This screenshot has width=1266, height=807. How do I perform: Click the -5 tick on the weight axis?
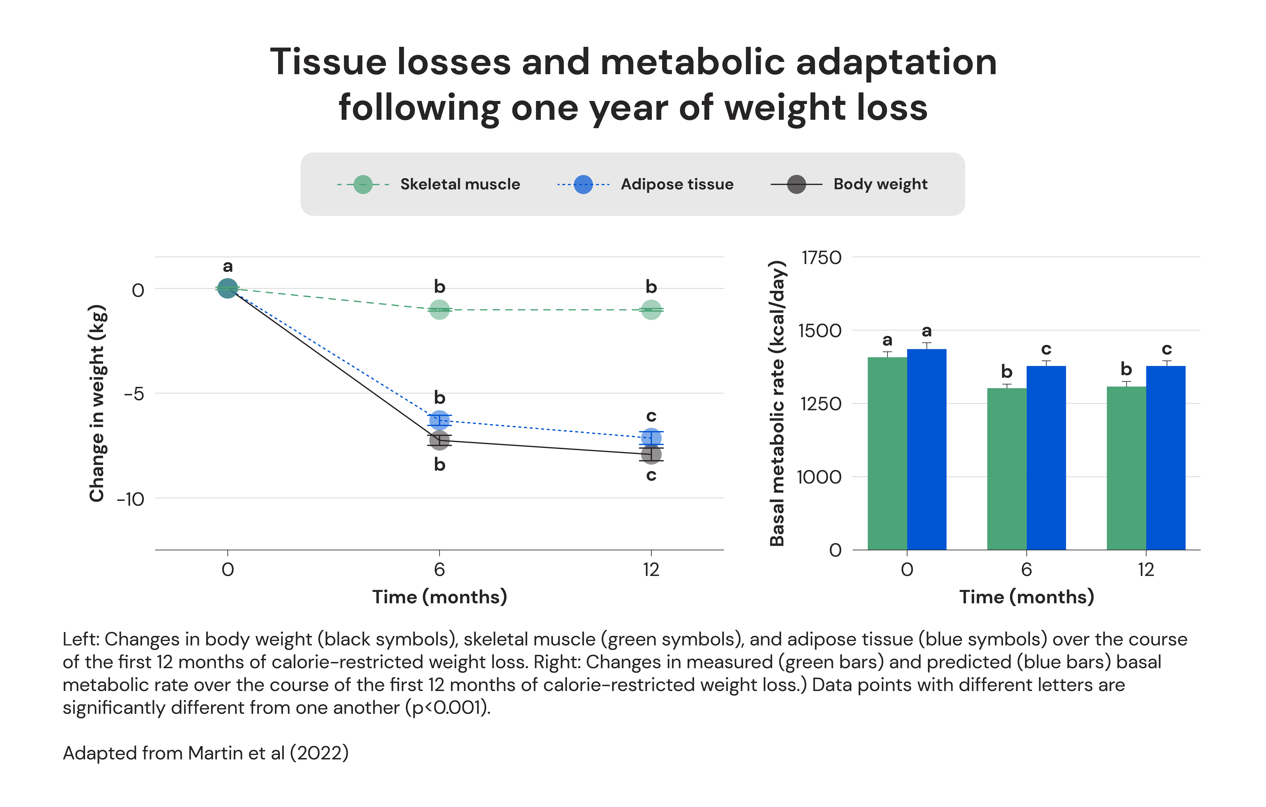134,394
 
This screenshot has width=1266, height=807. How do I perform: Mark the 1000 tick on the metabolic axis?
819,477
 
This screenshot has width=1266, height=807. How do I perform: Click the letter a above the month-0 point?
228,266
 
